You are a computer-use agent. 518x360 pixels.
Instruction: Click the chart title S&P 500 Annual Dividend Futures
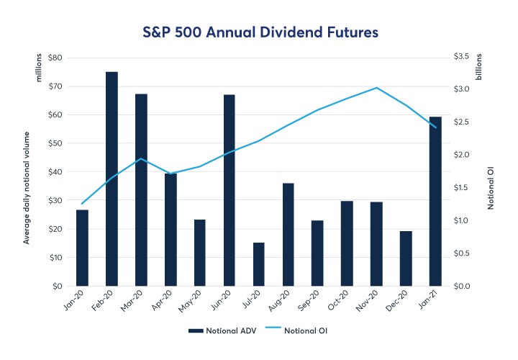point(259,32)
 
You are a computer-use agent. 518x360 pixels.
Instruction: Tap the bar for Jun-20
point(230,190)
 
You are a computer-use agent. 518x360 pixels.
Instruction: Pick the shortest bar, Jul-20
point(259,264)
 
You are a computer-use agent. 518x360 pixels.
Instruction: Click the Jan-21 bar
point(435,201)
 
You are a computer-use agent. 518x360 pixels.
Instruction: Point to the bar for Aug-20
point(288,235)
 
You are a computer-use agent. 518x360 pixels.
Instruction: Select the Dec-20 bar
point(406,258)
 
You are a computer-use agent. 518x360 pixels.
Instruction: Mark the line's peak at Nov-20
point(376,88)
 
